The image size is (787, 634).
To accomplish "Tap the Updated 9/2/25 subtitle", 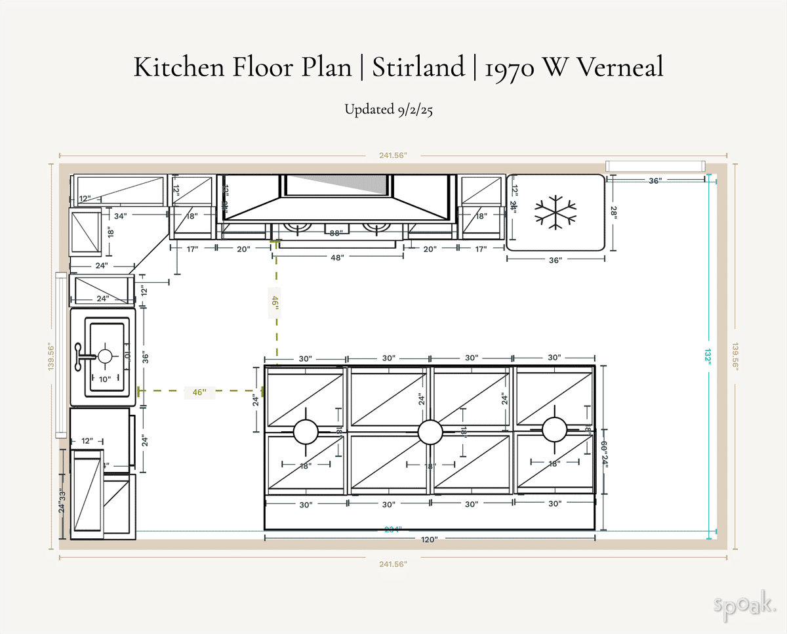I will point(389,110).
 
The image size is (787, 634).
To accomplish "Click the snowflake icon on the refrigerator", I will point(555,212).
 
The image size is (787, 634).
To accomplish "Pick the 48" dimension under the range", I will point(337,258).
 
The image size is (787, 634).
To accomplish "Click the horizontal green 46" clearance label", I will point(199,392).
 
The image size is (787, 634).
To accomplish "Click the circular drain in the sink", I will point(106,356).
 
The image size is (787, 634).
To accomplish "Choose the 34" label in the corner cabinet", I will point(120,215).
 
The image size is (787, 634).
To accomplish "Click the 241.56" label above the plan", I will point(393,156).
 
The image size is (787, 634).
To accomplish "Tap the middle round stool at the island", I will point(430,432).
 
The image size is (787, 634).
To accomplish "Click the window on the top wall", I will point(655,166).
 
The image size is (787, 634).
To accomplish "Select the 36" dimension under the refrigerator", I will point(555,260).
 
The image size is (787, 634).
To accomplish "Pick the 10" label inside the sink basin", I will point(105,379).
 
